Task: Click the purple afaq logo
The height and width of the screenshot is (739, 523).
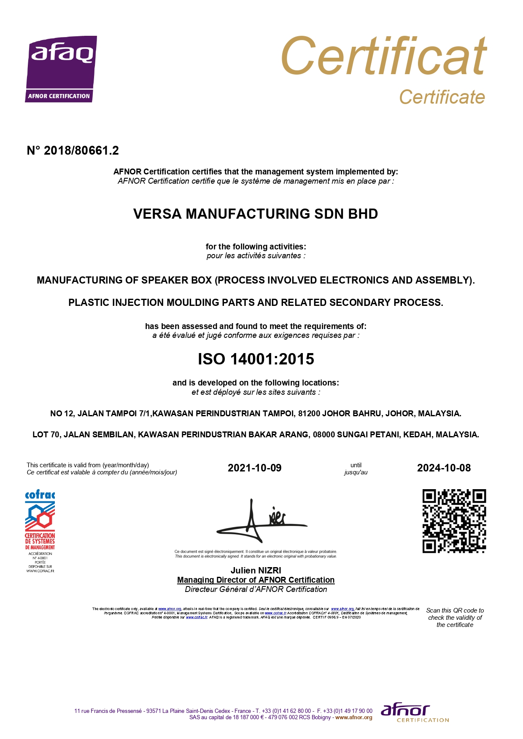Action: [x=61, y=69]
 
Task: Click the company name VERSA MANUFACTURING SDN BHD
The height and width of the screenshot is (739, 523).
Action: [x=256, y=214]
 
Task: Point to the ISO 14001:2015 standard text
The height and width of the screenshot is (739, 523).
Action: [x=256, y=359]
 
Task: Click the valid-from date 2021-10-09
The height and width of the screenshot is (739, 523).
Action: [x=254, y=468]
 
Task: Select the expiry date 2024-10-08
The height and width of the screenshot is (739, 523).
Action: [x=444, y=468]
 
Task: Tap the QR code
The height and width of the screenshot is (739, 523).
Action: [x=454, y=521]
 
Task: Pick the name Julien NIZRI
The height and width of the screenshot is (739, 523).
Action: [x=256, y=570]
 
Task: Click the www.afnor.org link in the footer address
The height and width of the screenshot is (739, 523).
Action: [x=353, y=718]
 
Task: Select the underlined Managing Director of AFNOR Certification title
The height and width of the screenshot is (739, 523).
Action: [x=256, y=580]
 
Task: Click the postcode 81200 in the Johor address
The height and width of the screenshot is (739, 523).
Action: [x=309, y=414]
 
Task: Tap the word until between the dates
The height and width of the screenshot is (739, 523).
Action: [x=356, y=465]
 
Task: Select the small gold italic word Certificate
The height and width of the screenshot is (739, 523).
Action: [x=442, y=97]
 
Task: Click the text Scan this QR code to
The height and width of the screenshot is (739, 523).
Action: [x=455, y=610]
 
